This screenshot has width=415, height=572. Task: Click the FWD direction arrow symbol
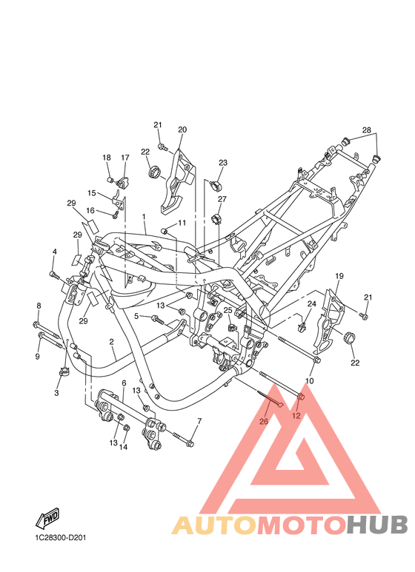coord(47,518)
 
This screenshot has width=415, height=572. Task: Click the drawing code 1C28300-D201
coord(61,538)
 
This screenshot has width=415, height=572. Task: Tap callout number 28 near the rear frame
coord(366,130)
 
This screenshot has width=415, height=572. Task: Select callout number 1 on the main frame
coord(144,217)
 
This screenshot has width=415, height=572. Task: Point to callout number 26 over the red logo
coord(263,421)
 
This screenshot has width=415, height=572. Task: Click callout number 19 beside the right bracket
coord(339,276)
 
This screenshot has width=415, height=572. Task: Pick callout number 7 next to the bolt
coord(199,421)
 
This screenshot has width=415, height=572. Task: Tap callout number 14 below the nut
coord(123,446)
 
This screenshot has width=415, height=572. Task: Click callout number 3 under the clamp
coord(56,393)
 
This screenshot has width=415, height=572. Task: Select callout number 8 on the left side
coord(39,306)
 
